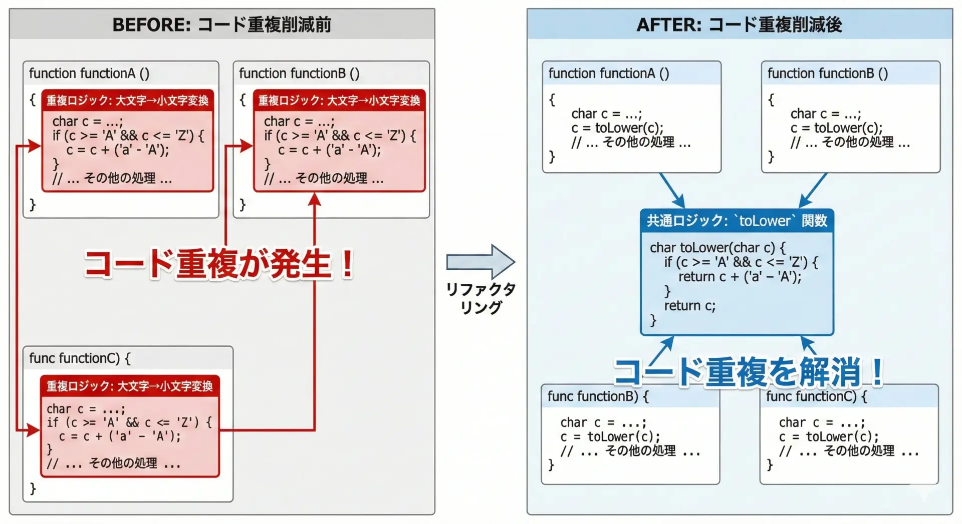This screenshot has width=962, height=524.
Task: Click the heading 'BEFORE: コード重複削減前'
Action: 221,24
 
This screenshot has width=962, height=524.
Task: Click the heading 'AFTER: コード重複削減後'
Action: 739,24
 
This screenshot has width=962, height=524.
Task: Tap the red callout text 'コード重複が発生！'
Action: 219,263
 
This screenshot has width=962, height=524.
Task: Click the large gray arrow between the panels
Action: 480,261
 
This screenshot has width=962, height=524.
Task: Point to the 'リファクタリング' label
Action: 480,298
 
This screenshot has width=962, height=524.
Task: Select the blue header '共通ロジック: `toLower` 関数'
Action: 737,221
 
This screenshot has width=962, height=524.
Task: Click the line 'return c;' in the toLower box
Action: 689,305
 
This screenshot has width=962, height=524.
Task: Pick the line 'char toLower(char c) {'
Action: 717,247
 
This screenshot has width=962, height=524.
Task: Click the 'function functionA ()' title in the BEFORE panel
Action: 89,74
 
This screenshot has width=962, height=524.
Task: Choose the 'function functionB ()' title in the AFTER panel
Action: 828,74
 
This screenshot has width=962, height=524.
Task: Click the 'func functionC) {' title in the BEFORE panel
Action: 80,358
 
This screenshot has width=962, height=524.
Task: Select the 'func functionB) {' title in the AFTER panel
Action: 598,396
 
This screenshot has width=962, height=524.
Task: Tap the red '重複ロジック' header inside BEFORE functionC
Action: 130,386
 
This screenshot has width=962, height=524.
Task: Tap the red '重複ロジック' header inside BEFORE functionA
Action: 127,100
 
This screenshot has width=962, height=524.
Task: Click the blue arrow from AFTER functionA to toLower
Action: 672,191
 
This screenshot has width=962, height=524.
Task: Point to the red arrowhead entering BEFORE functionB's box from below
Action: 315,199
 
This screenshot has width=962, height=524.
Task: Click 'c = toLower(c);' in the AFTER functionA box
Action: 617,128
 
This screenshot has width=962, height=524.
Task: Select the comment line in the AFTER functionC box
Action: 849,451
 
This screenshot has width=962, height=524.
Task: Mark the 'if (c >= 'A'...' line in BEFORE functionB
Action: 340,136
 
